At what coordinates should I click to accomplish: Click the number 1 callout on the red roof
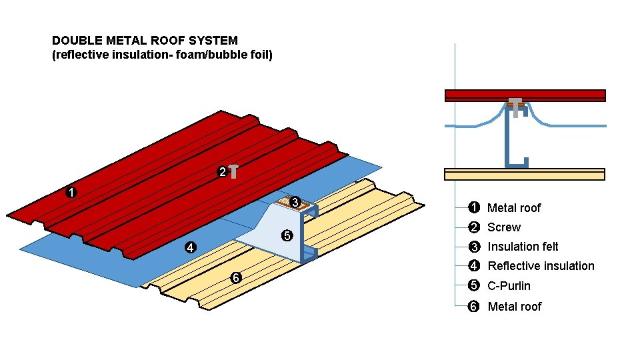(x=71, y=193)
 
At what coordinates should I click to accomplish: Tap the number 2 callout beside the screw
(x=222, y=172)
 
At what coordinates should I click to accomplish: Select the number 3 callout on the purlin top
(x=296, y=202)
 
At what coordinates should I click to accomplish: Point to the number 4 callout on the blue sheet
(x=190, y=248)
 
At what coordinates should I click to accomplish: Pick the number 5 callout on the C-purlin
(x=287, y=235)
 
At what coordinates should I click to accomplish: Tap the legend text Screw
(x=504, y=227)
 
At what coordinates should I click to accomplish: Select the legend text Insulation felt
(x=523, y=247)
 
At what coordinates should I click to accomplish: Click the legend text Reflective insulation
(x=541, y=266)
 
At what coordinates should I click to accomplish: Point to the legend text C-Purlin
(x=509, y=286)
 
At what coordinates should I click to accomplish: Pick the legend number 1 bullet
(x=473, y=207)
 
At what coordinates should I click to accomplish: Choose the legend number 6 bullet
(x=473, y=307)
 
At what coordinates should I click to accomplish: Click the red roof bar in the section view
(x=525, y=95)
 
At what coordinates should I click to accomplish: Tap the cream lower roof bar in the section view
(x=525, y=174)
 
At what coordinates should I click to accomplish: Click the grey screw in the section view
(x=515, y=106)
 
